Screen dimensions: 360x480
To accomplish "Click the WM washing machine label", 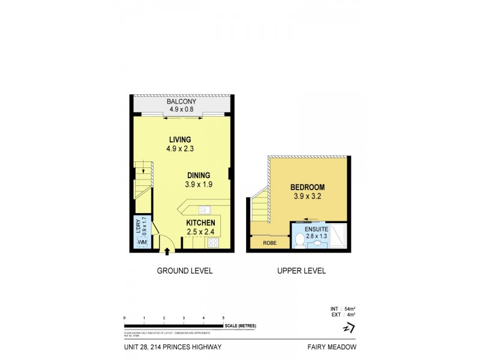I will click(x=140, y=242).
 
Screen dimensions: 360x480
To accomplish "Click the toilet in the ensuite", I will click(x=299, y=239).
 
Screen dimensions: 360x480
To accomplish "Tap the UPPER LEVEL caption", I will click(x=301, y=271).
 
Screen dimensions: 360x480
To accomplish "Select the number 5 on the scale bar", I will click(x=223, y=317).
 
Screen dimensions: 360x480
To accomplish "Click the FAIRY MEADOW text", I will click(x=334, y=346).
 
